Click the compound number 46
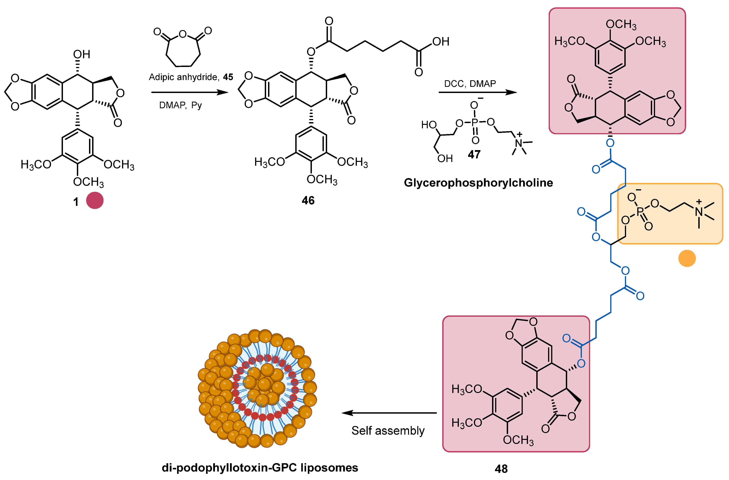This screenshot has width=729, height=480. tap(308, 200)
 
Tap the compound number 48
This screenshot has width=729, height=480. tap(501, 469)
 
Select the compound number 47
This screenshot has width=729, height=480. tap(474, 154)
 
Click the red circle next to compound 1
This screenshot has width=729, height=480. tap(95, 200)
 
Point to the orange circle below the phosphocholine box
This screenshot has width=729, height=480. tap(687, 258)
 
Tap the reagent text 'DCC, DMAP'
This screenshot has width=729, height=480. tap(470, 84)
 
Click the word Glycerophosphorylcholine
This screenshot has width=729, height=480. tap(478, 183)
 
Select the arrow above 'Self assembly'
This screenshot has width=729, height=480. tap(389, 413)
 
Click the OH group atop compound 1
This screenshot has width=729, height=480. tap(81, 54)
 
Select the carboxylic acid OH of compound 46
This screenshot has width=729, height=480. tap(441, 42)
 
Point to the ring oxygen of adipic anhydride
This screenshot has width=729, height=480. tap(183, 34)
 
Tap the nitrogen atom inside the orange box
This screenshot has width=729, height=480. tap(699, 211)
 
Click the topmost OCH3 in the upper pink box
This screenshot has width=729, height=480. tap(621, 25)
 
